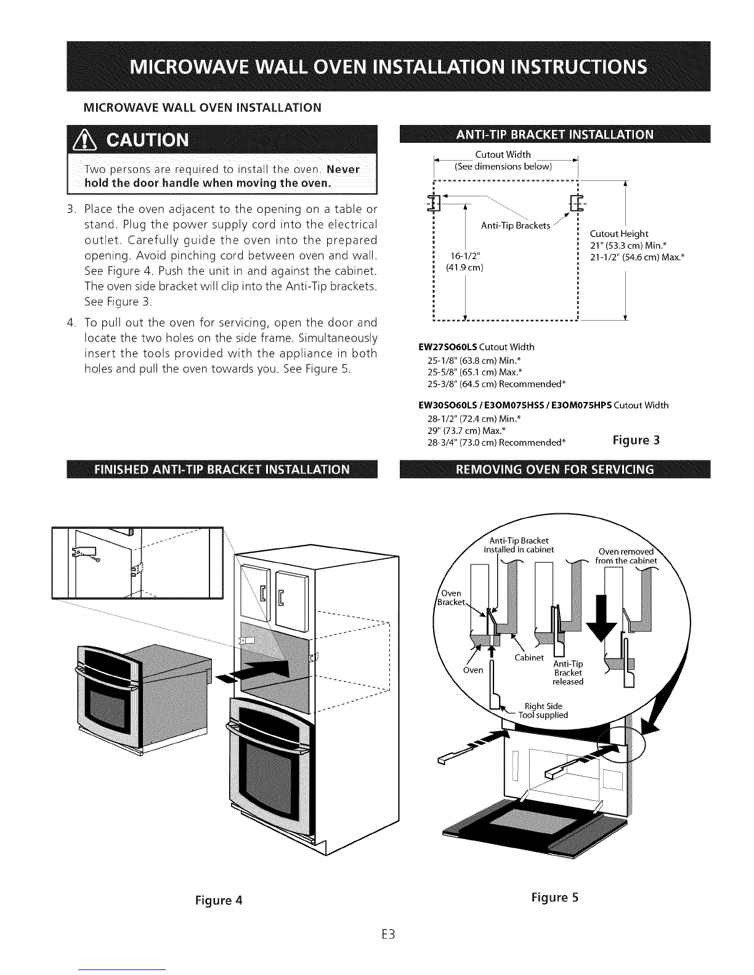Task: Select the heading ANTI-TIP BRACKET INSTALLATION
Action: tap(554, 135)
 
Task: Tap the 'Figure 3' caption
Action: tap(636, 439)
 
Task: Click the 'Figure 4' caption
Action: tap(219, 900)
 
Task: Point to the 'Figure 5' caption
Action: tap(554, 897)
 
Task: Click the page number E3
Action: tap(388, 934)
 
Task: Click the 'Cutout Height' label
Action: tap(619, 234)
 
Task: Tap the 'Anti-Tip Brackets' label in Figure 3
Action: tap(516, 225)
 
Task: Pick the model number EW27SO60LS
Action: tap(447, 347)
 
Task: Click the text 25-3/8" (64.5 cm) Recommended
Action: tap(497, 384)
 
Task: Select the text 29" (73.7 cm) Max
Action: tap(466, 431)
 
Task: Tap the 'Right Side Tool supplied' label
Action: tap(543, 710)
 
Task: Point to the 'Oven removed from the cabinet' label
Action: tap(626, 556)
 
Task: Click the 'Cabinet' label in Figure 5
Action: tap(529, 657)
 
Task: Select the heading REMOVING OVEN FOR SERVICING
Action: tap(554, 469)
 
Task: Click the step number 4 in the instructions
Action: tap(71, 323)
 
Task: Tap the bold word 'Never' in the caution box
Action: tap(343, 169)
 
